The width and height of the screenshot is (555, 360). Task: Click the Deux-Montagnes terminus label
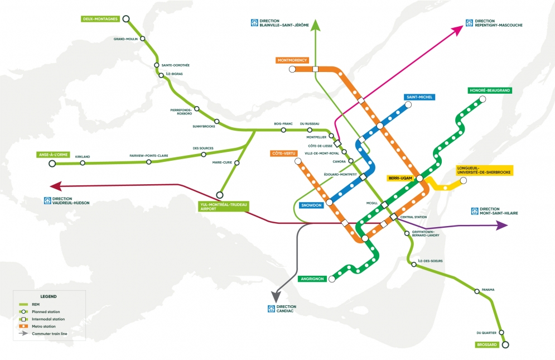point(98,18)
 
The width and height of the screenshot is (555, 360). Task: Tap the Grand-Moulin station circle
point(143,39)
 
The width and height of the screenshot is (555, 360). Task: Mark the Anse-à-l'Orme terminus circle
point(52,164)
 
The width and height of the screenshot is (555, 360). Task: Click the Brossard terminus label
point(487,344)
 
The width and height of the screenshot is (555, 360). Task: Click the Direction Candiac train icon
point(272,309)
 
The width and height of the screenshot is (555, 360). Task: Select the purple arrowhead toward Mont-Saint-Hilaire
point(501,225)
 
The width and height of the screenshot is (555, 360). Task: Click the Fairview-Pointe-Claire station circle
point(149,162)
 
